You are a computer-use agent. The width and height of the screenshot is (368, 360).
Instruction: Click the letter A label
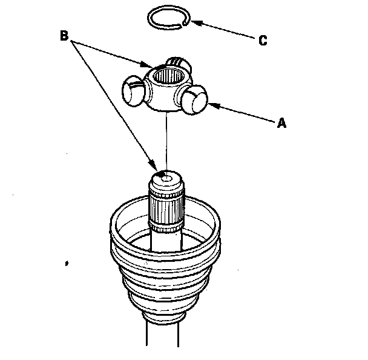click(x=281, y=122)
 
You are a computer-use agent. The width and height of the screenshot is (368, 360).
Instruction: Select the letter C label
click(x=263, y=41)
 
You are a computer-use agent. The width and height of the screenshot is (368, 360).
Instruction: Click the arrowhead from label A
click(x=212, y=105)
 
